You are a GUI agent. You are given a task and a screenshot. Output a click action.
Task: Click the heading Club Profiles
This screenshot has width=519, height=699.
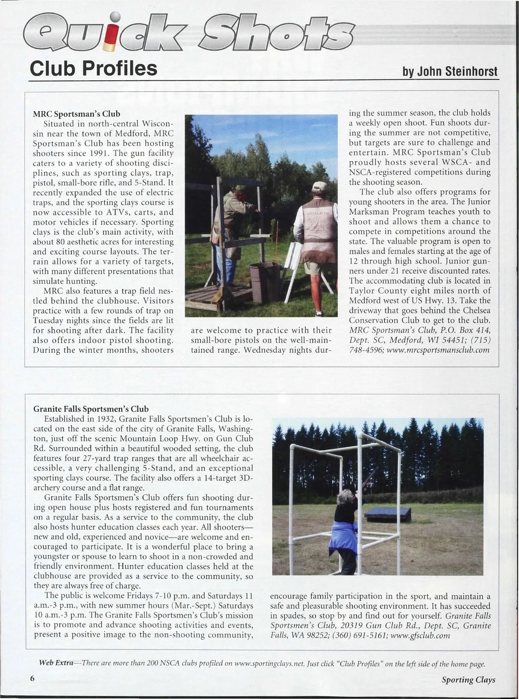93,68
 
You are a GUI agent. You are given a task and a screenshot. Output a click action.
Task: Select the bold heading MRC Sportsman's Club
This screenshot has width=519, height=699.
77,114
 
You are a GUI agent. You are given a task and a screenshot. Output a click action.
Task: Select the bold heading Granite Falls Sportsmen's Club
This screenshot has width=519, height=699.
91,409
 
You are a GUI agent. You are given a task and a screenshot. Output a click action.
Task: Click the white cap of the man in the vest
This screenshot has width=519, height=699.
319,187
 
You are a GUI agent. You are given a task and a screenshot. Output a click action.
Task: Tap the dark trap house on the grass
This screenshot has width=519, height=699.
388,514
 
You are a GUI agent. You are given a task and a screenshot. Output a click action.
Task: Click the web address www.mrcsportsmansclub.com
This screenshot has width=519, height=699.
438,350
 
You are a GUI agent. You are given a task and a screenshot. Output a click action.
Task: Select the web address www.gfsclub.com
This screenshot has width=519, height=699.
420,635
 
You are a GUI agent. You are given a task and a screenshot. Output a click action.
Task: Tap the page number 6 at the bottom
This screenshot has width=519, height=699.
32,678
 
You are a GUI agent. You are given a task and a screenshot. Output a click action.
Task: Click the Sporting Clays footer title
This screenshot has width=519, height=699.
468,680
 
